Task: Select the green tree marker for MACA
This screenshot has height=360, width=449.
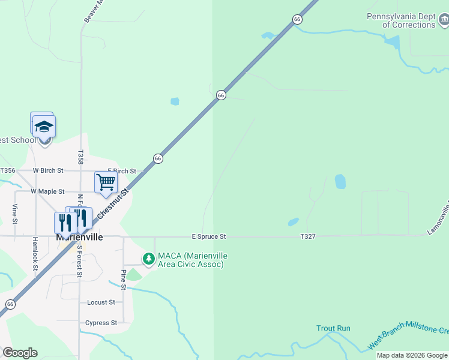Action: (x=148, y=259)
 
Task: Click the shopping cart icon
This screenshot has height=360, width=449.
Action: (x=106, y=182)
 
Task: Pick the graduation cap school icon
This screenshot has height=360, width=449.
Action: (x=44, y=127)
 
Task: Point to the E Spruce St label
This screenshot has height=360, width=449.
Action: (x=208, y=237)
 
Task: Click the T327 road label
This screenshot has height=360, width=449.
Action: (x=308, y=237)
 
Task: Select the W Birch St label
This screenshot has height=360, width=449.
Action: (x=48, y=170)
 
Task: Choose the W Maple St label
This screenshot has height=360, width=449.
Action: (x=47, y=191)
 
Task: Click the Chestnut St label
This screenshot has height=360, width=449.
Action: (x=117, y=204)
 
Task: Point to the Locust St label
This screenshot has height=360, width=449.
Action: (x=101, y=302)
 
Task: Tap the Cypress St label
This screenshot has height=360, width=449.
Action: (x=101, y=323)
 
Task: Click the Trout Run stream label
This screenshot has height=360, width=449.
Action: (x=333, y=328)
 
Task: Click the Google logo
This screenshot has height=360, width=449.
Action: (x=20, y=353)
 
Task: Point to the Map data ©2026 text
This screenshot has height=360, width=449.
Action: (x=412, y=355)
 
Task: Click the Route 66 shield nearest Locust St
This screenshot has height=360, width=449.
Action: (x=10, y=304)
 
